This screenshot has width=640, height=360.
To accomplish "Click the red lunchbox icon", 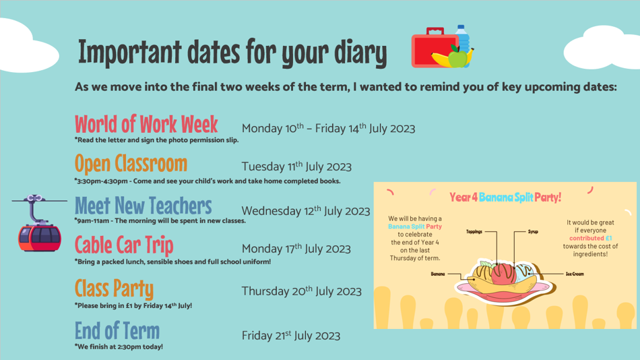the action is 433,48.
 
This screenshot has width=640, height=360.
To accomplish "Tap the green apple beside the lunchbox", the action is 457,57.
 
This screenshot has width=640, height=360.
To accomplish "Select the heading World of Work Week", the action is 146,124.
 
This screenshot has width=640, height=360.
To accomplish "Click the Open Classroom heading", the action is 131,163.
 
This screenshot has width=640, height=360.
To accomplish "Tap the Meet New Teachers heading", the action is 143,206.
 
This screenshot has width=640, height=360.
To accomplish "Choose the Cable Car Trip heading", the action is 124,245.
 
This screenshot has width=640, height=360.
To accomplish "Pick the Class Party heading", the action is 115,289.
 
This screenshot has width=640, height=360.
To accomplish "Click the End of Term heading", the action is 117,330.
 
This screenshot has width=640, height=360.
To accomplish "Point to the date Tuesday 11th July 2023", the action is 296,167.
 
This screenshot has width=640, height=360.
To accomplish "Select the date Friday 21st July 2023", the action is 290,336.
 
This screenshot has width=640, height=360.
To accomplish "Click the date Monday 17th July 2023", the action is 296,249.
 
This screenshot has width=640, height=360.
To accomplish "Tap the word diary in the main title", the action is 360,53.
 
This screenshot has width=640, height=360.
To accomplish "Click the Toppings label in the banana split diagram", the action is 474,232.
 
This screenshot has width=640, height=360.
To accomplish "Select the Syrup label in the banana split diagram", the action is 533,232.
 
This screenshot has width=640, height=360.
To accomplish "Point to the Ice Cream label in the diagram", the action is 575,274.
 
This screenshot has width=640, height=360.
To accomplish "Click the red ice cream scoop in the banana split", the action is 504,274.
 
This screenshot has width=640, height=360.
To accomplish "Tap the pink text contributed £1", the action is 590,238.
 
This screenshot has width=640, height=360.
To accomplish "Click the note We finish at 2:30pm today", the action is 119,347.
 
